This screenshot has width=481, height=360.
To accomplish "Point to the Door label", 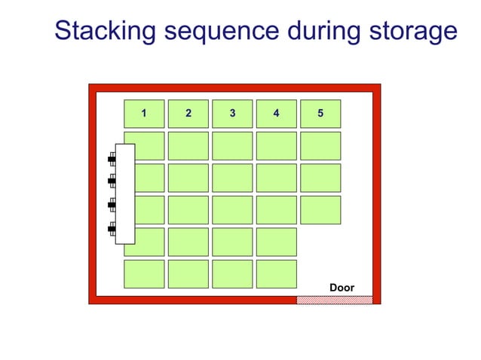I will click(x=342, y=288).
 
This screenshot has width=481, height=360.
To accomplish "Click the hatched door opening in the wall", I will click(x=334, y=300).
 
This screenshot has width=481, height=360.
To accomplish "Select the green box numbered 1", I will click(x=143, y=114).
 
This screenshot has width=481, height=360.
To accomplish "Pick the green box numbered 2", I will click(x=188, y=114).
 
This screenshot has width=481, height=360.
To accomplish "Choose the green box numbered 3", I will click(x=232, y=114).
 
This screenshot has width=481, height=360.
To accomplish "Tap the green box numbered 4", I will click(x=276, y=114).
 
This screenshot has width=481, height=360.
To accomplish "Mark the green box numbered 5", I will click(x=320, y=114).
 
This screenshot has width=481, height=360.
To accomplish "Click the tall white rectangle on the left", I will click(x=125, y=194).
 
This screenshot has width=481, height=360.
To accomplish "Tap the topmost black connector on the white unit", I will click(x=112, y=158).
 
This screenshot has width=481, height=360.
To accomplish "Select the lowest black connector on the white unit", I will click(x=112, y=227).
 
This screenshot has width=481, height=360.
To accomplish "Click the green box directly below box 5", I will click(x=320, y=146).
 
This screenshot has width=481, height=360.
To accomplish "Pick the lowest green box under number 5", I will click(x=320, y=210).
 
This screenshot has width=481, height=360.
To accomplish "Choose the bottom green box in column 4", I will click(x=276, y=274).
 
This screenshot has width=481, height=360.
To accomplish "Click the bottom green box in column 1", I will click(x=143, y=274).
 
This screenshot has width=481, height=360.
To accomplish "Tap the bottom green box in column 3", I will click(x=232, y=274).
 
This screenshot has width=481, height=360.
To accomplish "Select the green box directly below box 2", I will click(x=188, y=146).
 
